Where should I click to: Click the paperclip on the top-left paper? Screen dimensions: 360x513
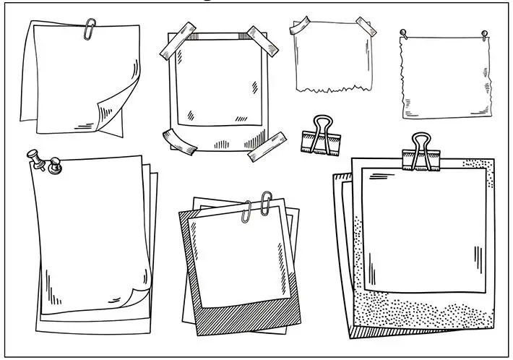(90, 30)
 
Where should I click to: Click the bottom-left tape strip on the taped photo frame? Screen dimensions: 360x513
(180, 140)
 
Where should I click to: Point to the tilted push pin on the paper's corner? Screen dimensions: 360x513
(36, 157)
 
